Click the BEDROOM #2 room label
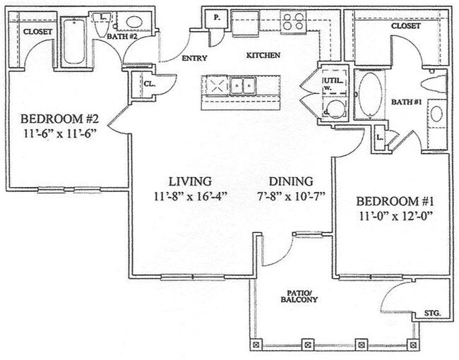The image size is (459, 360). [58, 118]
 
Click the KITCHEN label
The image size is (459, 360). [263, 55]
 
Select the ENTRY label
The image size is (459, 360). [194, 59]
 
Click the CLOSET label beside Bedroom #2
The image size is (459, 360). [35, 32]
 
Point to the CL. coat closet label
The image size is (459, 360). [150, 83]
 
